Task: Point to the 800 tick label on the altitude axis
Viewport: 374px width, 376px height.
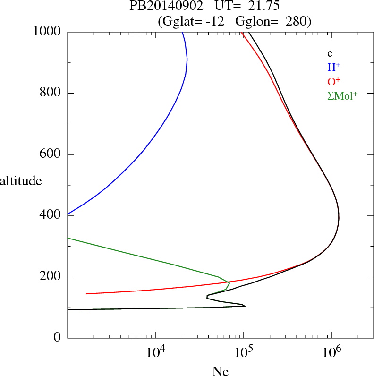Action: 50,94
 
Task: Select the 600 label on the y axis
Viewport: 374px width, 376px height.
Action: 50,154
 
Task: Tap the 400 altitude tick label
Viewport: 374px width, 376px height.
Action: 50,215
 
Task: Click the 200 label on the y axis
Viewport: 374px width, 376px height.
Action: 50,277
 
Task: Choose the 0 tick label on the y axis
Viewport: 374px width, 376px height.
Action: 58,338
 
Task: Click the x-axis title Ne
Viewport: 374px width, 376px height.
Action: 220,371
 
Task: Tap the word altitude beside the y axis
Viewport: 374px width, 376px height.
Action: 21,180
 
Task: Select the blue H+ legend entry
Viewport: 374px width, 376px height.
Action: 334,68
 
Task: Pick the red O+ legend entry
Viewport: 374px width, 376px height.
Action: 334,82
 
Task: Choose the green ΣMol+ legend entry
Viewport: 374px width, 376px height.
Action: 342,96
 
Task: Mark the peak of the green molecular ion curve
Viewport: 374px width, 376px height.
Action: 229,283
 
